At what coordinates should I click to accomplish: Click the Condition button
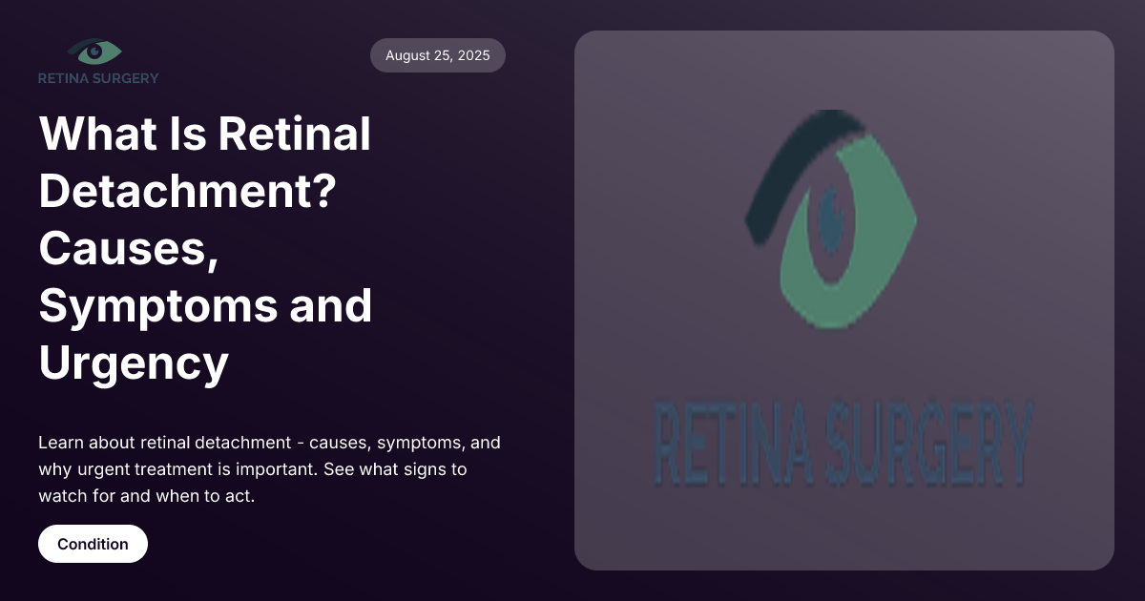coord(93,544)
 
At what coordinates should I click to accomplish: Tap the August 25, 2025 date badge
coord(438,55)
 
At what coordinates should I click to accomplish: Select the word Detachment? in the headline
coord(186,191)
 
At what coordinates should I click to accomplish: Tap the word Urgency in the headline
coord(134,363)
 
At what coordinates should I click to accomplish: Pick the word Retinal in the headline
coord(294,134)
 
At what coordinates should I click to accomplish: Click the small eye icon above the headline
coord(95,52)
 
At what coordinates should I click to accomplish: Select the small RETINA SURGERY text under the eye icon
coord(98,78)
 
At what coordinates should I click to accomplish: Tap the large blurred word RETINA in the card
coord(731,444)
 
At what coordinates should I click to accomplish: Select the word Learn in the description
coord(60,443)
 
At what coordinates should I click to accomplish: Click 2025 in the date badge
coord(472,55)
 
